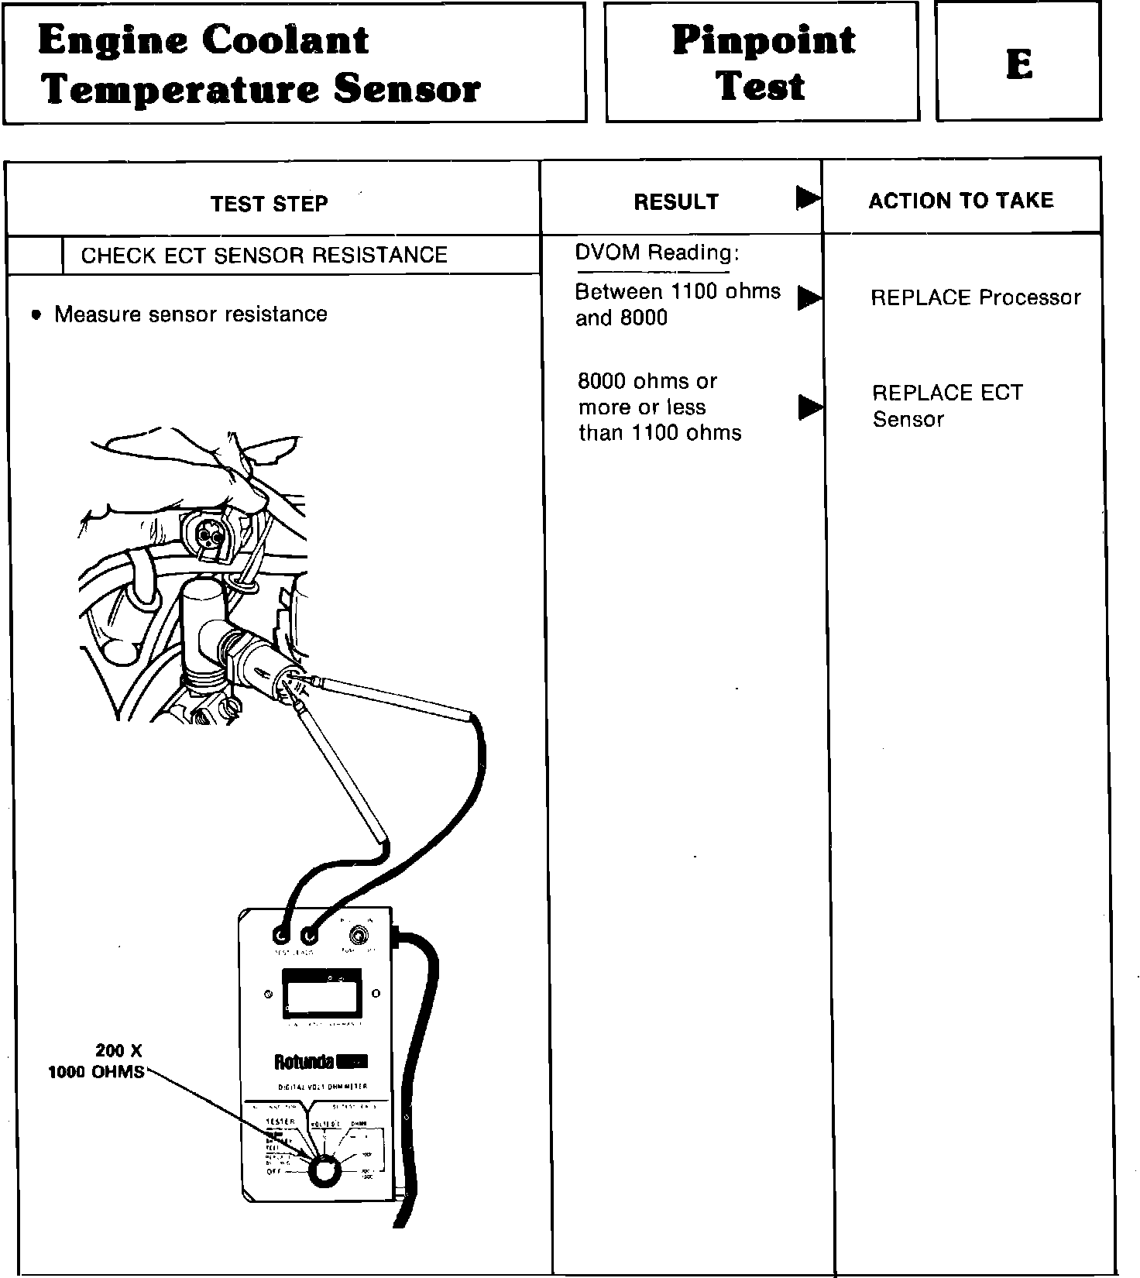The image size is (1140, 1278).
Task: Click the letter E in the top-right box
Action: pos(1019,64)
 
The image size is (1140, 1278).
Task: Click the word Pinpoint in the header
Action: pos(763,40)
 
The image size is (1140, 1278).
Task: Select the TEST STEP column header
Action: pos(270,204)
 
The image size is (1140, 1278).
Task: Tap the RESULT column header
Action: pos(676,202)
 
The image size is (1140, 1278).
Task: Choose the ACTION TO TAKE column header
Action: pos(961,201)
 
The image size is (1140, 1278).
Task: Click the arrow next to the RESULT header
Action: pos(808,198)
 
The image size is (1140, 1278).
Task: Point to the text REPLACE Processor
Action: pos(975,297)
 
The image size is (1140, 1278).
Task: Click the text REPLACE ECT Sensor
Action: pos(946,406)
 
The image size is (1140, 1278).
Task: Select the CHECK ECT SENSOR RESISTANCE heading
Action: pos(264,256)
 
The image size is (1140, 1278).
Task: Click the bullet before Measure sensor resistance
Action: pos(36,315)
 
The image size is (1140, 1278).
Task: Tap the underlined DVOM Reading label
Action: pos(657,253)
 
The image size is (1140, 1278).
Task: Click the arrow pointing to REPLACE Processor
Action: pos(809,298)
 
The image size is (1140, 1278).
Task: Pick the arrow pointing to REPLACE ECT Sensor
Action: pos(809,407)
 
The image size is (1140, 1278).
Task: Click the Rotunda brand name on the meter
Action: pos(304,1061)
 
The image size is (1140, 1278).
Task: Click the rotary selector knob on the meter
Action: pos(324,1171)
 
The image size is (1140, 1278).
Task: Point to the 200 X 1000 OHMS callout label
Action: pos(97,1061)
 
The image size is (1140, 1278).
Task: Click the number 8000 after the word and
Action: pos(643,318)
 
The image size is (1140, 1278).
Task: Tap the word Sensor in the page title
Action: pos(407,89)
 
